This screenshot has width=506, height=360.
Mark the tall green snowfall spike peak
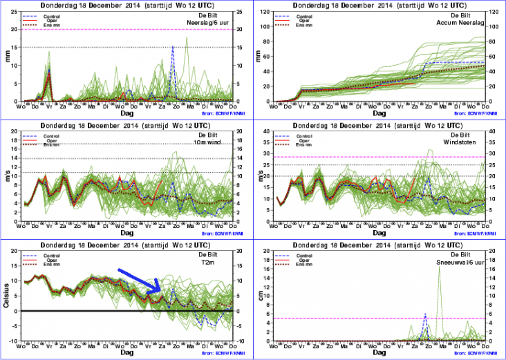440,266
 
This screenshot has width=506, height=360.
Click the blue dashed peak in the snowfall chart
425,314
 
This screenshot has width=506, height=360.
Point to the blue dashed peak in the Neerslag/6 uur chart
173,47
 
